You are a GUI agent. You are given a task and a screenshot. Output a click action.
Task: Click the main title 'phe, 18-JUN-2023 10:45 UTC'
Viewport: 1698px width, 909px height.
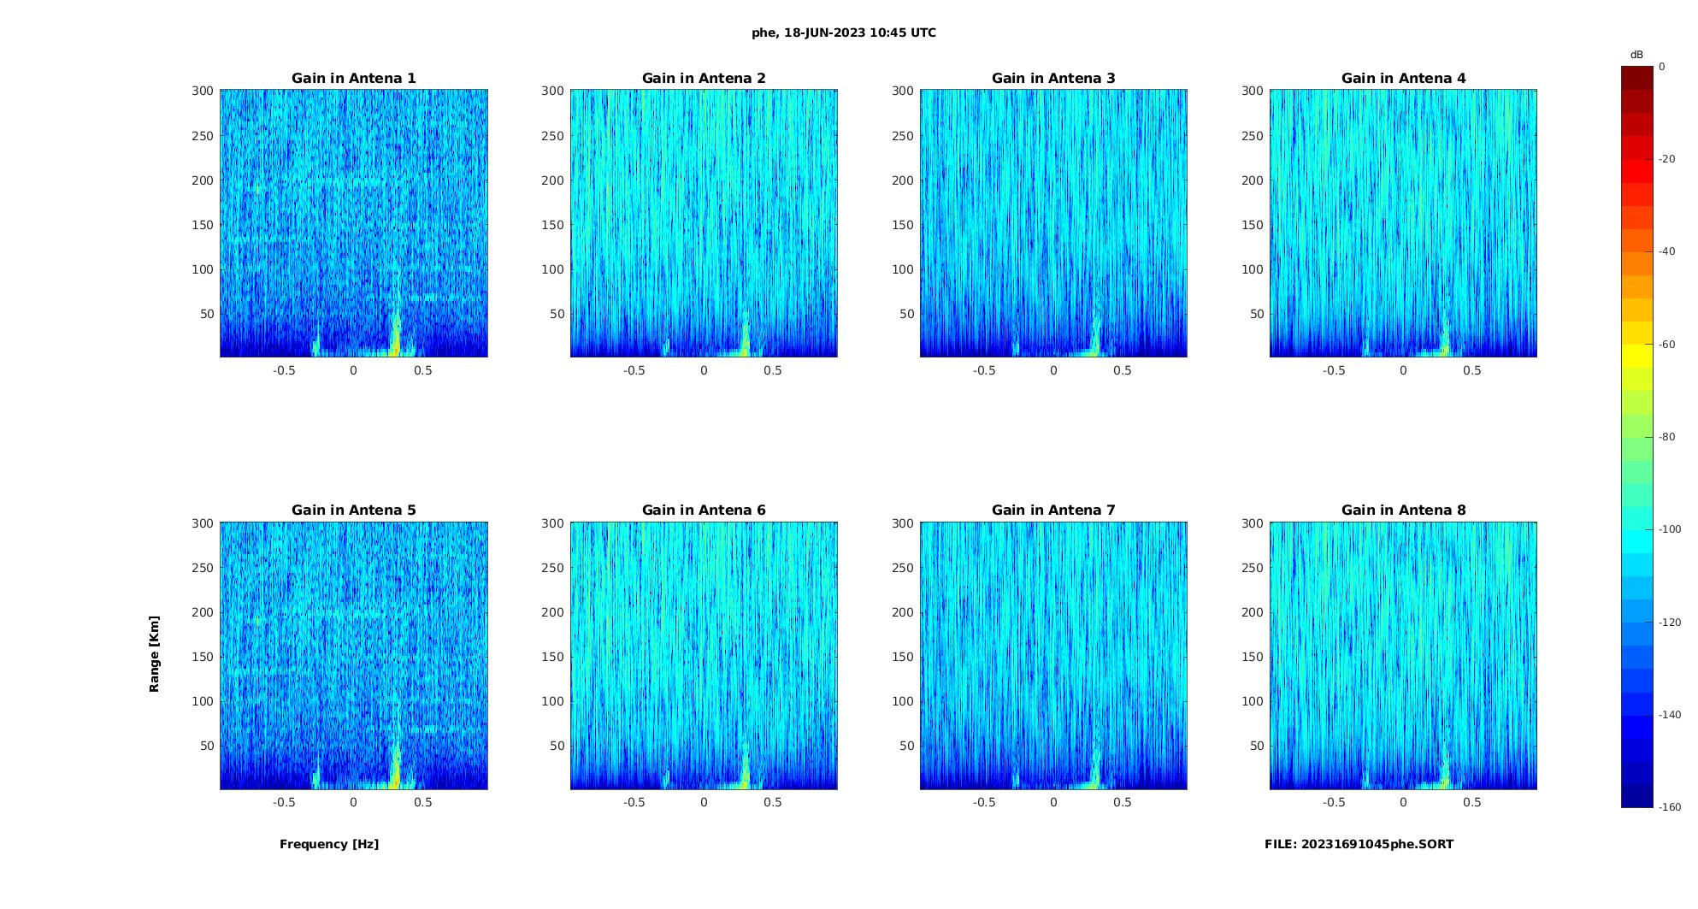(843, 33)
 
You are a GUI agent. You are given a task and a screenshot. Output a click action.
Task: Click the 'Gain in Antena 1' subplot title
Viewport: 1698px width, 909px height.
(354, 79)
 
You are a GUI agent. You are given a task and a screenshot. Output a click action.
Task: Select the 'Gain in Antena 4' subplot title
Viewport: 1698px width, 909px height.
(1403, 79)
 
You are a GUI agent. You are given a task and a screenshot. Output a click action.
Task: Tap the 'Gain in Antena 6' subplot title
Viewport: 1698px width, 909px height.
(704, 511)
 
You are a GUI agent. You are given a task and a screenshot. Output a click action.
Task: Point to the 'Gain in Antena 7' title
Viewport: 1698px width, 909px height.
(1053, 511)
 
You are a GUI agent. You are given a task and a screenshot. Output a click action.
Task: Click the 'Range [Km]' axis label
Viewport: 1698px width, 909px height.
(155, 654)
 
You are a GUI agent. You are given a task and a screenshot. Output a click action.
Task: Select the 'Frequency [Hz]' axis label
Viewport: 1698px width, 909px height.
(329, 844)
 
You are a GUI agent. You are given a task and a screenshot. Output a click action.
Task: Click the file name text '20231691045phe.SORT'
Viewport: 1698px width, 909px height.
(1377, 844)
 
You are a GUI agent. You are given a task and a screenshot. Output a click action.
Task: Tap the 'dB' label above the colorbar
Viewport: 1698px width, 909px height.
(1636, 55)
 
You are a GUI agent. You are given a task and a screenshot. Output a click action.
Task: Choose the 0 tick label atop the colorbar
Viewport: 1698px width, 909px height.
(1662, 67)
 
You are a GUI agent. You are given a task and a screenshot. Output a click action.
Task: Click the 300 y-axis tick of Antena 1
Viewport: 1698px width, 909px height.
(202, 91)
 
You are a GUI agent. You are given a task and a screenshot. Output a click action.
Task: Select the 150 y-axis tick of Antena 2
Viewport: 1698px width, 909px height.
(552, 225)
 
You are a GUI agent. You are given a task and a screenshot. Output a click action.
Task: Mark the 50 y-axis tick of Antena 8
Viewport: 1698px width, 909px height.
(1256, 746)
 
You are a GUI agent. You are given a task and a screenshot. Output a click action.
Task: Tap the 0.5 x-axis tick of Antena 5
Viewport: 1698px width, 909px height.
(422, 802)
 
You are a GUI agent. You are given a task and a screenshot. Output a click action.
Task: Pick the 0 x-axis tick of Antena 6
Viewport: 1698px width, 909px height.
(704, 802)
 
